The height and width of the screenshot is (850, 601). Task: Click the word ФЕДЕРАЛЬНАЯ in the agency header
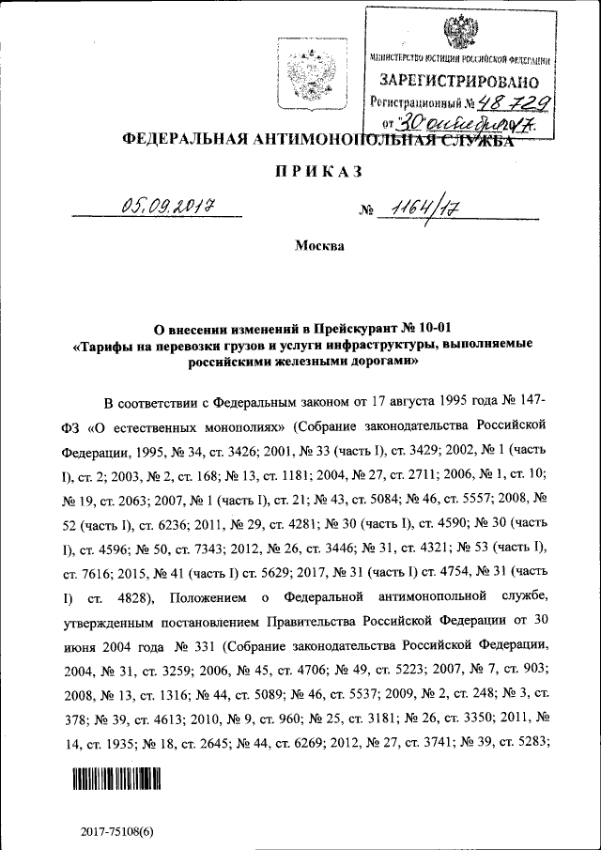182,140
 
